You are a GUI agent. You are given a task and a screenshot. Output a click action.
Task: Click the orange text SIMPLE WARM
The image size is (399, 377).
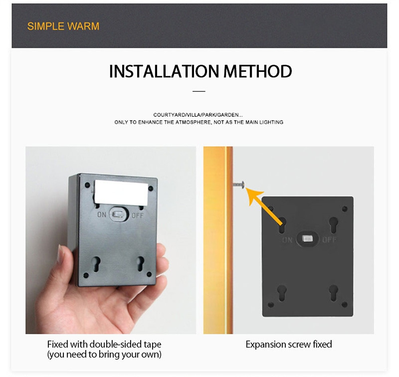tap(63, 26)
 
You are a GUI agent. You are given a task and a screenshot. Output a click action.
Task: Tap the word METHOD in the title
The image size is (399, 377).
tap(257, 71)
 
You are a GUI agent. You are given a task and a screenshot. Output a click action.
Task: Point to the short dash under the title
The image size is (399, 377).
tap(199, 91)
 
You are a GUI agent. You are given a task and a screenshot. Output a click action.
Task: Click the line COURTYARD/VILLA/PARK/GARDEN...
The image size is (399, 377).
tap(199, 115)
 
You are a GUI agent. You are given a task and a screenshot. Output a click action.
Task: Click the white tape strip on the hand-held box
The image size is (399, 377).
tap(121, 193)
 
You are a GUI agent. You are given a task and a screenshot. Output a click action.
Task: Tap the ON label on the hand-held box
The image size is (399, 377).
tap(102, 215)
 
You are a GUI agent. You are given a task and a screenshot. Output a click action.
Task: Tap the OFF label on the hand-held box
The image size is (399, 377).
tap(138, 216)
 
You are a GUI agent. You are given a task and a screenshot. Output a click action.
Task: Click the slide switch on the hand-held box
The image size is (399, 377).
tap(119, 214)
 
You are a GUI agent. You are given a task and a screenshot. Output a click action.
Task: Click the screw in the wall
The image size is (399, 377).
tap(239, 184)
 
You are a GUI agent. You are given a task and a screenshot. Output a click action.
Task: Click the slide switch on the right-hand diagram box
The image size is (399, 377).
tap(307, 239)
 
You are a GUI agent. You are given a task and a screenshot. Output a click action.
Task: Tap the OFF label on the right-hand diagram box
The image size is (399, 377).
tap(329, 240)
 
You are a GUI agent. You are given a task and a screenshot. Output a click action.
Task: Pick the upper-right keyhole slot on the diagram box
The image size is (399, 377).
tap(333, 225)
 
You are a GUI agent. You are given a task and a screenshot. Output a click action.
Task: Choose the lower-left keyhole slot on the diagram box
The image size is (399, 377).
tap(282, 293)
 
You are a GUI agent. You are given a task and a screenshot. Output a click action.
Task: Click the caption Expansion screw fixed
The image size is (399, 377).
tap(289, 344)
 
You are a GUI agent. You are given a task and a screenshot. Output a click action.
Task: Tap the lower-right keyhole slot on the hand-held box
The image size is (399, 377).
tap(140, 263)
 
